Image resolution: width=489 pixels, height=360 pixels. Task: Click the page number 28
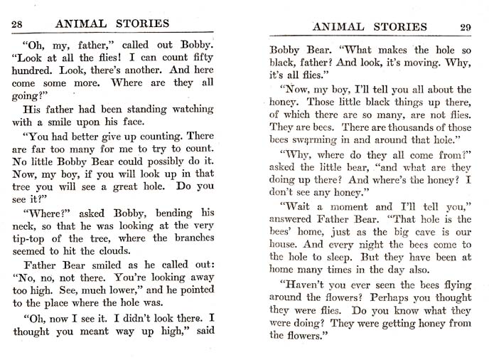coord(20,23)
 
